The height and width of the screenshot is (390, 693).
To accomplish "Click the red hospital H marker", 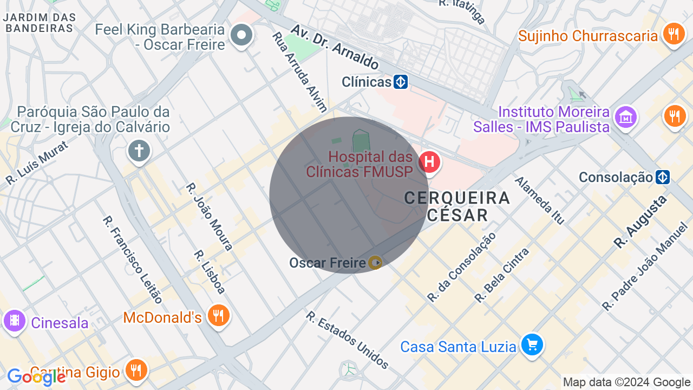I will coord(429,162).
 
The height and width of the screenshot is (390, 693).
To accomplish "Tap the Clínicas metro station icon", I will coord(401,82).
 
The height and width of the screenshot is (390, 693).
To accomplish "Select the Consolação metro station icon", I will coord(663,177).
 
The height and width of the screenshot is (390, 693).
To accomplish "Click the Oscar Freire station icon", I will coord(375,263).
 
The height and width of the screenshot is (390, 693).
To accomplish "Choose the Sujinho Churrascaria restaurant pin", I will coord(674,34).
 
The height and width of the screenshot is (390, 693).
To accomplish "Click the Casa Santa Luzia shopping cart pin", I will coord(532,344).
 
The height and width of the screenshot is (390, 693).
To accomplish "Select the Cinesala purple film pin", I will coord(15,321).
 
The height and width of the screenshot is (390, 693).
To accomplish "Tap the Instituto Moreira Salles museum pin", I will coord(626,116).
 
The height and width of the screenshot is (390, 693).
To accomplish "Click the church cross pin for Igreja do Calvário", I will coord(139,151).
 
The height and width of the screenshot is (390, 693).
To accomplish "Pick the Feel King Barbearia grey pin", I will coord(241,36).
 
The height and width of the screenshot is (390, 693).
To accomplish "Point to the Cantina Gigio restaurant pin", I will coord(136,370).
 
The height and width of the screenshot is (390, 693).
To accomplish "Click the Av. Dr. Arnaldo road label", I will coord(335,46).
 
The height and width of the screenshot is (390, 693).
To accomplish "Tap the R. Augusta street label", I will coord(640,222).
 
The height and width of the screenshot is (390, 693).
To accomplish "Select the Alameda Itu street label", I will coord(539,200).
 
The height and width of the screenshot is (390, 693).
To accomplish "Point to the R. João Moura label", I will coord(209,217).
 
